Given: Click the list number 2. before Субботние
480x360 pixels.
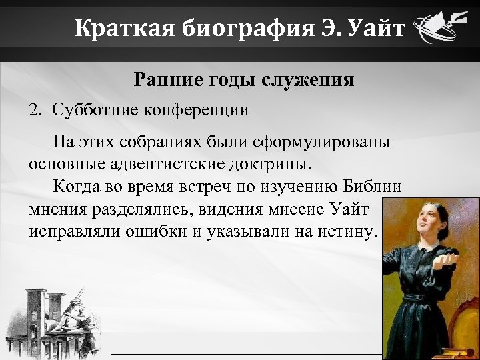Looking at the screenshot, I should (x=35, y=110).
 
